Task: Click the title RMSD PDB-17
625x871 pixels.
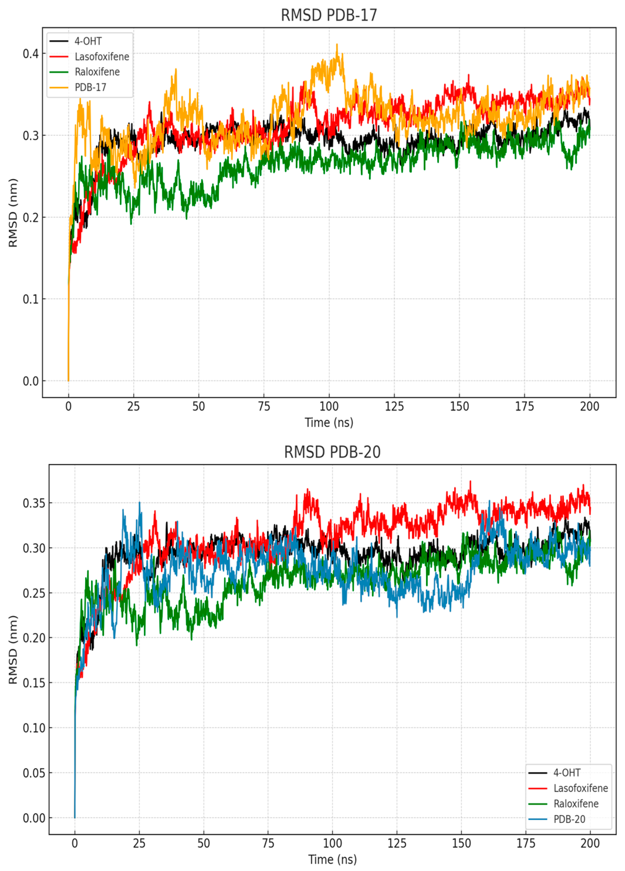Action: coord(329,15)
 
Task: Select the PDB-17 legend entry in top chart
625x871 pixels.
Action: coord(90,87)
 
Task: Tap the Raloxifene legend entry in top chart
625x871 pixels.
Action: coord(97,72)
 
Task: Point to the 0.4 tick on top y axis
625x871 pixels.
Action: coord(31,54)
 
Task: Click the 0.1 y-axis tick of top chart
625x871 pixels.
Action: coord(31,299)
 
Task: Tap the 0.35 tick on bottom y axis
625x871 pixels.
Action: coord(34,503)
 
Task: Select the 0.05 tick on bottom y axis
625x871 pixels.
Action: coord(34,773)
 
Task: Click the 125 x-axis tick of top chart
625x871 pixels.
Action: coord(394,406)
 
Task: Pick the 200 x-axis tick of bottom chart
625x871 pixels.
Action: coord(590,843)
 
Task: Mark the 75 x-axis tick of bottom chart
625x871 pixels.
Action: coord(268,843)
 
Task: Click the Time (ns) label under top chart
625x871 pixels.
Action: coord(329,423)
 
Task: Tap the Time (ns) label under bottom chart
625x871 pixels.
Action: coord(332,860)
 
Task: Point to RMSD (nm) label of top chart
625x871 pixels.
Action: coord(13,213)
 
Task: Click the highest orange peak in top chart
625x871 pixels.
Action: coord(337,45)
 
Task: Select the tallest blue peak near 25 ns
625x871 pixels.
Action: coord(139,503)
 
